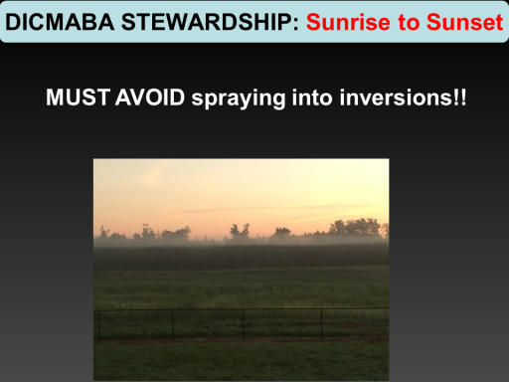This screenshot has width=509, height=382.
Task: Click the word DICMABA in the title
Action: coord(60,22)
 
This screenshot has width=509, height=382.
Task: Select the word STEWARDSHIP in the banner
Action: coord(207,22)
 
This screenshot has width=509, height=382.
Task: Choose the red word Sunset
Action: coord(465,22)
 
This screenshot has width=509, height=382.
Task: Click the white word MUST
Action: coord(78,97)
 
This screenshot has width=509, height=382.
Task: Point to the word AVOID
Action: coord(150,97)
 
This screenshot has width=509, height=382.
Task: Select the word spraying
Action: coord(239,98)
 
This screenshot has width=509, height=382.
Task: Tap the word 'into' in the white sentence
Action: coord(312,97)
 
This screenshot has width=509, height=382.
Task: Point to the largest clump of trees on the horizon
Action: coord(355,227)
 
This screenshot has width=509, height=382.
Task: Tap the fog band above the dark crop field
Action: coord(242,241)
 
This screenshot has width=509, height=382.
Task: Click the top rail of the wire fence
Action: coord(242,309)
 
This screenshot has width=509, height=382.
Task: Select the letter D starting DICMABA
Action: coord(13,22)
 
